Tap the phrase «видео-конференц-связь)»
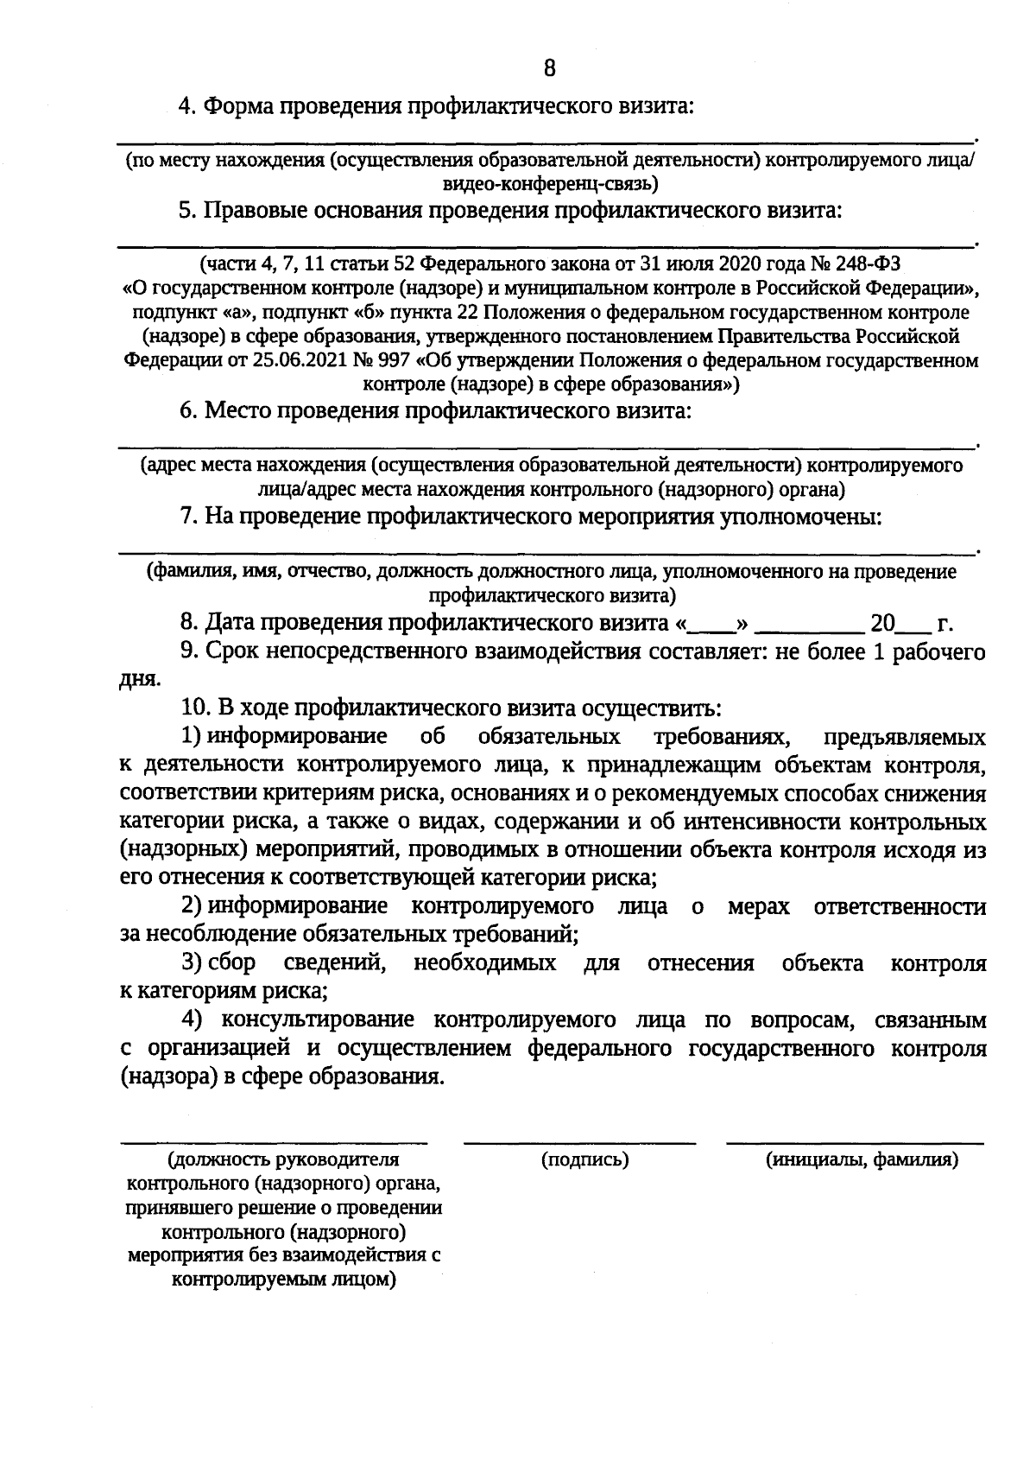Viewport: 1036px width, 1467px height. [x=549, y=183]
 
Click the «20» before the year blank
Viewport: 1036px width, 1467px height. [x=883, y=624]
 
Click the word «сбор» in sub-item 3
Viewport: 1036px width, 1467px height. [x=232, y=963]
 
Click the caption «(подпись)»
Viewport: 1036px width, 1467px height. [x=584, y=1159]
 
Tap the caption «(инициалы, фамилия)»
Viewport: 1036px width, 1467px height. [x=862, y=1159]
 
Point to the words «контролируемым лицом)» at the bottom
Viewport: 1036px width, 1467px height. [x=283, y=1279]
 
